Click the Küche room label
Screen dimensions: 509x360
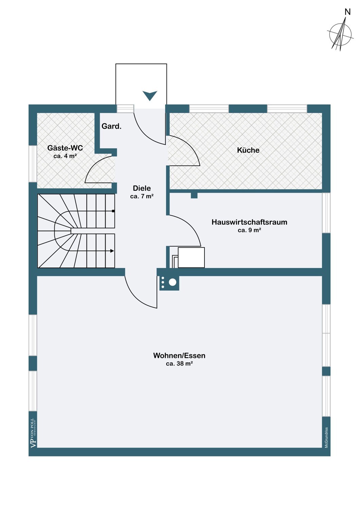tap(248, 150)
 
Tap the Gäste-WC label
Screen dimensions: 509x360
tap(65, 148)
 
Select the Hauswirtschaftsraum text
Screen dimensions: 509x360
tap(249, 222)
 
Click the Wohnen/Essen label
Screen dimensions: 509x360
tap(179, 356)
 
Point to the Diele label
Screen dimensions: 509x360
tap(142, 188)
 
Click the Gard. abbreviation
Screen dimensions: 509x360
tap(111, 126)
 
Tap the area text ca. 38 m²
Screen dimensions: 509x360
tap(179, 364)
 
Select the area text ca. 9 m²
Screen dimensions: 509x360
tap(249, 230)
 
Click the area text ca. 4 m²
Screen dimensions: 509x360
tap(65, 156)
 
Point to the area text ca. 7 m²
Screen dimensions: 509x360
tap(142, 196)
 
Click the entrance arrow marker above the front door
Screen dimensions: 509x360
tap(150, 95)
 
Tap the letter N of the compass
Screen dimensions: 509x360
tap(347, 12)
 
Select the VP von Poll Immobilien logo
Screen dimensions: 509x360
tap(33, 433)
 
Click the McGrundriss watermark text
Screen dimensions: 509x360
tap(326, 437)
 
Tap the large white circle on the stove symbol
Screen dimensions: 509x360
tap(173, 282)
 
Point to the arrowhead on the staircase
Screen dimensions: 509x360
tap(112, 251)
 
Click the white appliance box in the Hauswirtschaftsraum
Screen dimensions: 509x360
tap(191, 258)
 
